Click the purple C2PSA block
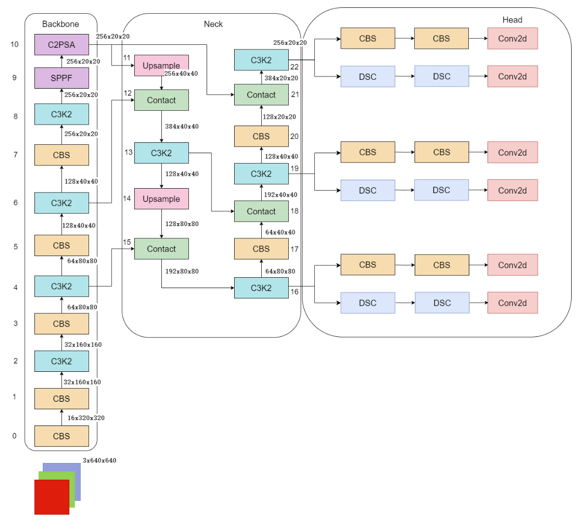62,44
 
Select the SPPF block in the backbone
62,78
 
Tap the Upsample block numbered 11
162,65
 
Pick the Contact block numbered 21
262,95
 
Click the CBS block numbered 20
262,136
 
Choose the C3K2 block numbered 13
162,153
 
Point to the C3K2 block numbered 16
262,288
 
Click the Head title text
512,20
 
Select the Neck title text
214,24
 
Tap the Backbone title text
61,24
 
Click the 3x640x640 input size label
99,460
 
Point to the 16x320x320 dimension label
86,418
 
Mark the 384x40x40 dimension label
182,126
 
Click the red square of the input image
52,497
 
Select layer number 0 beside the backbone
14,436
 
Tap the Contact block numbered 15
162,249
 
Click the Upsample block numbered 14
162,199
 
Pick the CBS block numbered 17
262,249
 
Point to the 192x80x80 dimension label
182,271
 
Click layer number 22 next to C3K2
295,66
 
